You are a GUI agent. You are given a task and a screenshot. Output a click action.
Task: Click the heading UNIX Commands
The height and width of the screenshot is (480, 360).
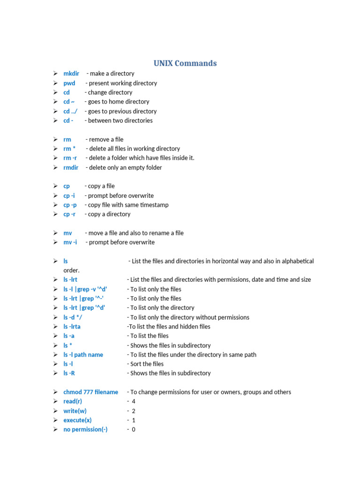click(x=185, y=63)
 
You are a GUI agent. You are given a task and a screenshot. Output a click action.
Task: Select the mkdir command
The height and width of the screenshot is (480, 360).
click(x=71, y=74)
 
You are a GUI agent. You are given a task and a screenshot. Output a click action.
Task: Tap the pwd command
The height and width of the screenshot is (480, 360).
click(x=69, y=83)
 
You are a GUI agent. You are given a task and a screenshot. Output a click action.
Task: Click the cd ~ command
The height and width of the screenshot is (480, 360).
click(x=69, y=102)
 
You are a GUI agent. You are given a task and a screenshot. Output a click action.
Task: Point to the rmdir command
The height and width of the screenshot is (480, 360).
click(x=71, y=167)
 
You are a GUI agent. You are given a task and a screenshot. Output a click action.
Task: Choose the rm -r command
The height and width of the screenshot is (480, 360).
click(x=70, y=158)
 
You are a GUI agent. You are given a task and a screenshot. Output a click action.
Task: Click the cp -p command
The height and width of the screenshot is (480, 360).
click(x=70, y=205)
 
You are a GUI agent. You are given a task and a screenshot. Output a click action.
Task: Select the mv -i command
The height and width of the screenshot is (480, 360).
click(x=70, y=242)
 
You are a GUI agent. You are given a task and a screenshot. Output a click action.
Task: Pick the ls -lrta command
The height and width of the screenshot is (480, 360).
click(x=72, y=327)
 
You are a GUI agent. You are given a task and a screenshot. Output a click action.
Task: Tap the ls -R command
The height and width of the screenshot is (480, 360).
click(x=69, y=374)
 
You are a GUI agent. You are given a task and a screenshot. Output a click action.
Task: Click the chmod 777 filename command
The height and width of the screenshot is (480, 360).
click(x=91, y=392)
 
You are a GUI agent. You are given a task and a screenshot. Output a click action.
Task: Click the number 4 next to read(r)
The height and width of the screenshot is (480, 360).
click(x=134, y=402)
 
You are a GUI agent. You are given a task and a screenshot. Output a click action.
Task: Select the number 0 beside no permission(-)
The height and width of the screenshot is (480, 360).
click(x=134, y=429)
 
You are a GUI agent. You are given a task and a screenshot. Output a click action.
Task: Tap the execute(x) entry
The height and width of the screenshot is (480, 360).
click(x=78, y=420)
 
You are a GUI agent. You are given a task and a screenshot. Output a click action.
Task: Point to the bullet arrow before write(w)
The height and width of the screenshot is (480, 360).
click(x=55, y=411)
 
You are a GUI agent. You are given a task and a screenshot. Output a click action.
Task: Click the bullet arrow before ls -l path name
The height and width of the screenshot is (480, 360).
click(x=55, y=355)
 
